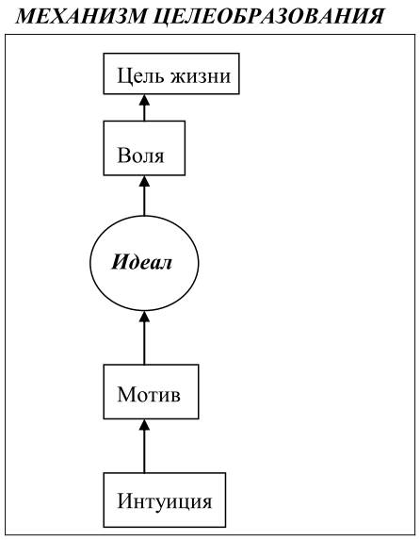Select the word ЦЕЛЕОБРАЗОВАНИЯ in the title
point(268,16)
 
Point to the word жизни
point(201,75)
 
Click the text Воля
point(140,155)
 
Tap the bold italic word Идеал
point(141,263)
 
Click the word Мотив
point(149,394)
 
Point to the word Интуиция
point(165,501)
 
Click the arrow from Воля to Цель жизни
point(144,107)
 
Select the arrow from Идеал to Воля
point(144,196)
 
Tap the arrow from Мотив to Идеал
point(144,337)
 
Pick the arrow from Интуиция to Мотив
point(144,446)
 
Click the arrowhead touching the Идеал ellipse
point(144,316)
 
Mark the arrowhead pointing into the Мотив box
point(144,424)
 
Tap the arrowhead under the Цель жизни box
point(144,100)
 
